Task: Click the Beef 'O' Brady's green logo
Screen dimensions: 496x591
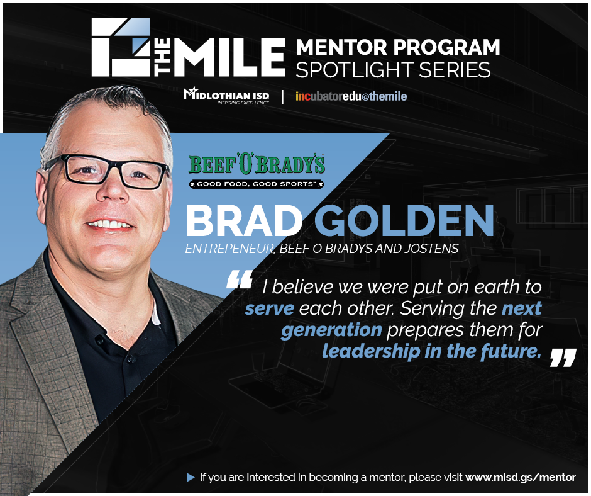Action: [257, 166]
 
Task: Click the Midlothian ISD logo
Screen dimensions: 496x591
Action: [226, 96]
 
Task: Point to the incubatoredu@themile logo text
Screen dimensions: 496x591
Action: [351, 96]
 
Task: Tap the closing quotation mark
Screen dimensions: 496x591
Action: [562, 357]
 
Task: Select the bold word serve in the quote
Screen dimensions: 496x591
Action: [268, 309]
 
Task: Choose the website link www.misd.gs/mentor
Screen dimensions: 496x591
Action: [520, 477]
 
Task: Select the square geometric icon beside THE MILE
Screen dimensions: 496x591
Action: [121, 47]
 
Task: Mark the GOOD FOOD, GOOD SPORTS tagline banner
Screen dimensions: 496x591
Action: [257, 184]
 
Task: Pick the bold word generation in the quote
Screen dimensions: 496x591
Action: [331, 330]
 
